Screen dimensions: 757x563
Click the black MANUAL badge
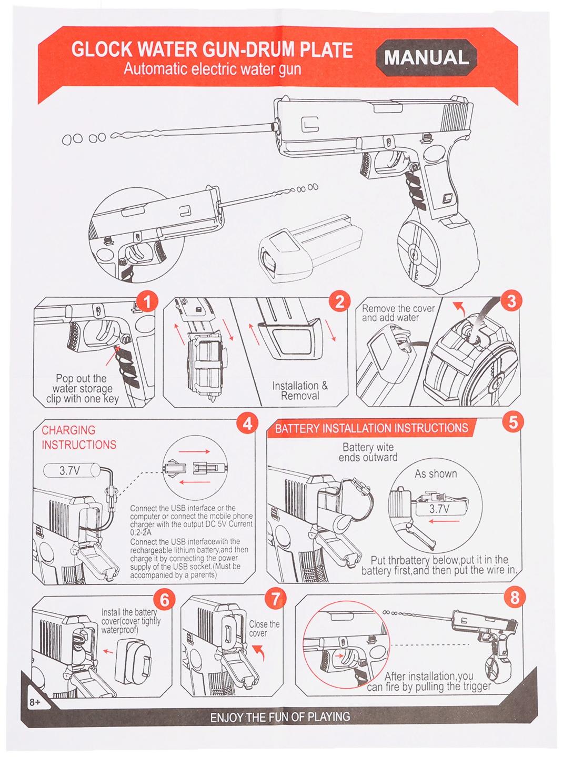tap(426, 57)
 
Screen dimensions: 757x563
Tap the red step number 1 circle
tap(147, 302)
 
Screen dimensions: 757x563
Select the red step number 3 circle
tap(510, 301)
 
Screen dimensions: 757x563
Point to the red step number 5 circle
tap(512, 422)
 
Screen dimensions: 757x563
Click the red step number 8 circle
tap(514, 598)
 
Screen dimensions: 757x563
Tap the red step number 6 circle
tap(165, 600)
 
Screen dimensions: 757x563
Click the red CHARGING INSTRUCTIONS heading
tap(79, 438)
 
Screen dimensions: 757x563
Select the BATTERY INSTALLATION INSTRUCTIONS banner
tap(371, 428)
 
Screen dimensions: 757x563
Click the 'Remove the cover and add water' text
tap(398, 313)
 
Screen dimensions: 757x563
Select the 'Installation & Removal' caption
tap(300, 390)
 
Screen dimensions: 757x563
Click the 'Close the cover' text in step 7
tap(264, 629)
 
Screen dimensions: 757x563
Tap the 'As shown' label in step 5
tap(436, 473)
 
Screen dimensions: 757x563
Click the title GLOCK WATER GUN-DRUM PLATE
tap(212, 50)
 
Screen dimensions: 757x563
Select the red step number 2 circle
tap(339, 301)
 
